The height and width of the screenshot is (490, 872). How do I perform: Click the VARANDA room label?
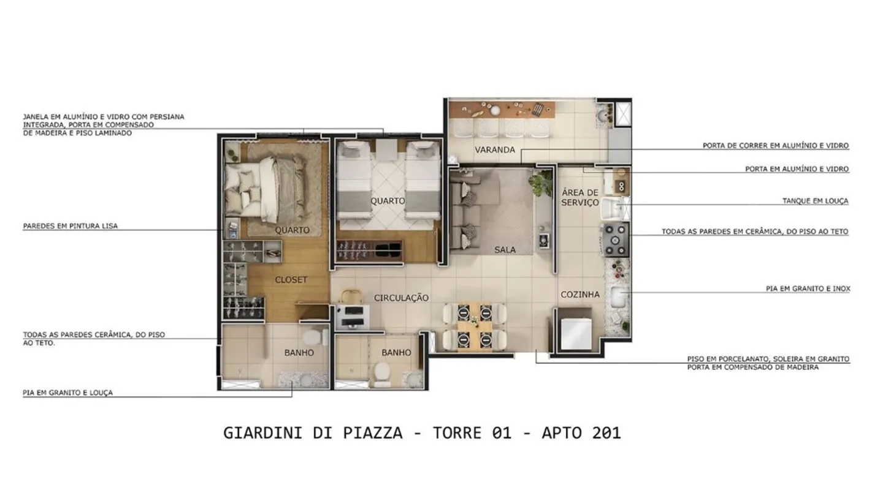click(495, 149)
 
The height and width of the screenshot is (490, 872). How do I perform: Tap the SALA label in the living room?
click(505, 250)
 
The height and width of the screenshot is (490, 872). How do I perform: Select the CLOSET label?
click(291, 280)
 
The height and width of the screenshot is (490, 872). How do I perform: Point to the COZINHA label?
click(580, 295)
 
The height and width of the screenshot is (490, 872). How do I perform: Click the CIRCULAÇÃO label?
click(402, 298)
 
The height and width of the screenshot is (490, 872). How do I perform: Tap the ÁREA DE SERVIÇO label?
click(580, 197)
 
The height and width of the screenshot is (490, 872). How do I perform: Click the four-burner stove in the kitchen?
click(616, 239)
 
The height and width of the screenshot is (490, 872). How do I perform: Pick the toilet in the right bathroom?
click(382, 374)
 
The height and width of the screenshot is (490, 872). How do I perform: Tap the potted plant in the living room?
click(540, 182)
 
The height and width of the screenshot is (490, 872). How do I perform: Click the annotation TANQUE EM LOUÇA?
click(815, 201)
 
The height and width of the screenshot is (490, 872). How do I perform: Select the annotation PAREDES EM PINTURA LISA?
click(70, 226)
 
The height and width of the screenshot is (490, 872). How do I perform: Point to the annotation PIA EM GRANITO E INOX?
click(808, 288)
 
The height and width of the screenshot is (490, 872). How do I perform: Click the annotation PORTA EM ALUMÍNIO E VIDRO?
click(797, 169)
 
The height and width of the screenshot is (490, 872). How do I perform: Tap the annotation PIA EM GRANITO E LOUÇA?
click(67, 393)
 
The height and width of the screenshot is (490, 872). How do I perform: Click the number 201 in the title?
click(606, 433)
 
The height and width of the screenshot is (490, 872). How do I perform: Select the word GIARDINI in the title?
click(263, 433)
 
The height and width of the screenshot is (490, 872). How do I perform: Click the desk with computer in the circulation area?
click(353, 316)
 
